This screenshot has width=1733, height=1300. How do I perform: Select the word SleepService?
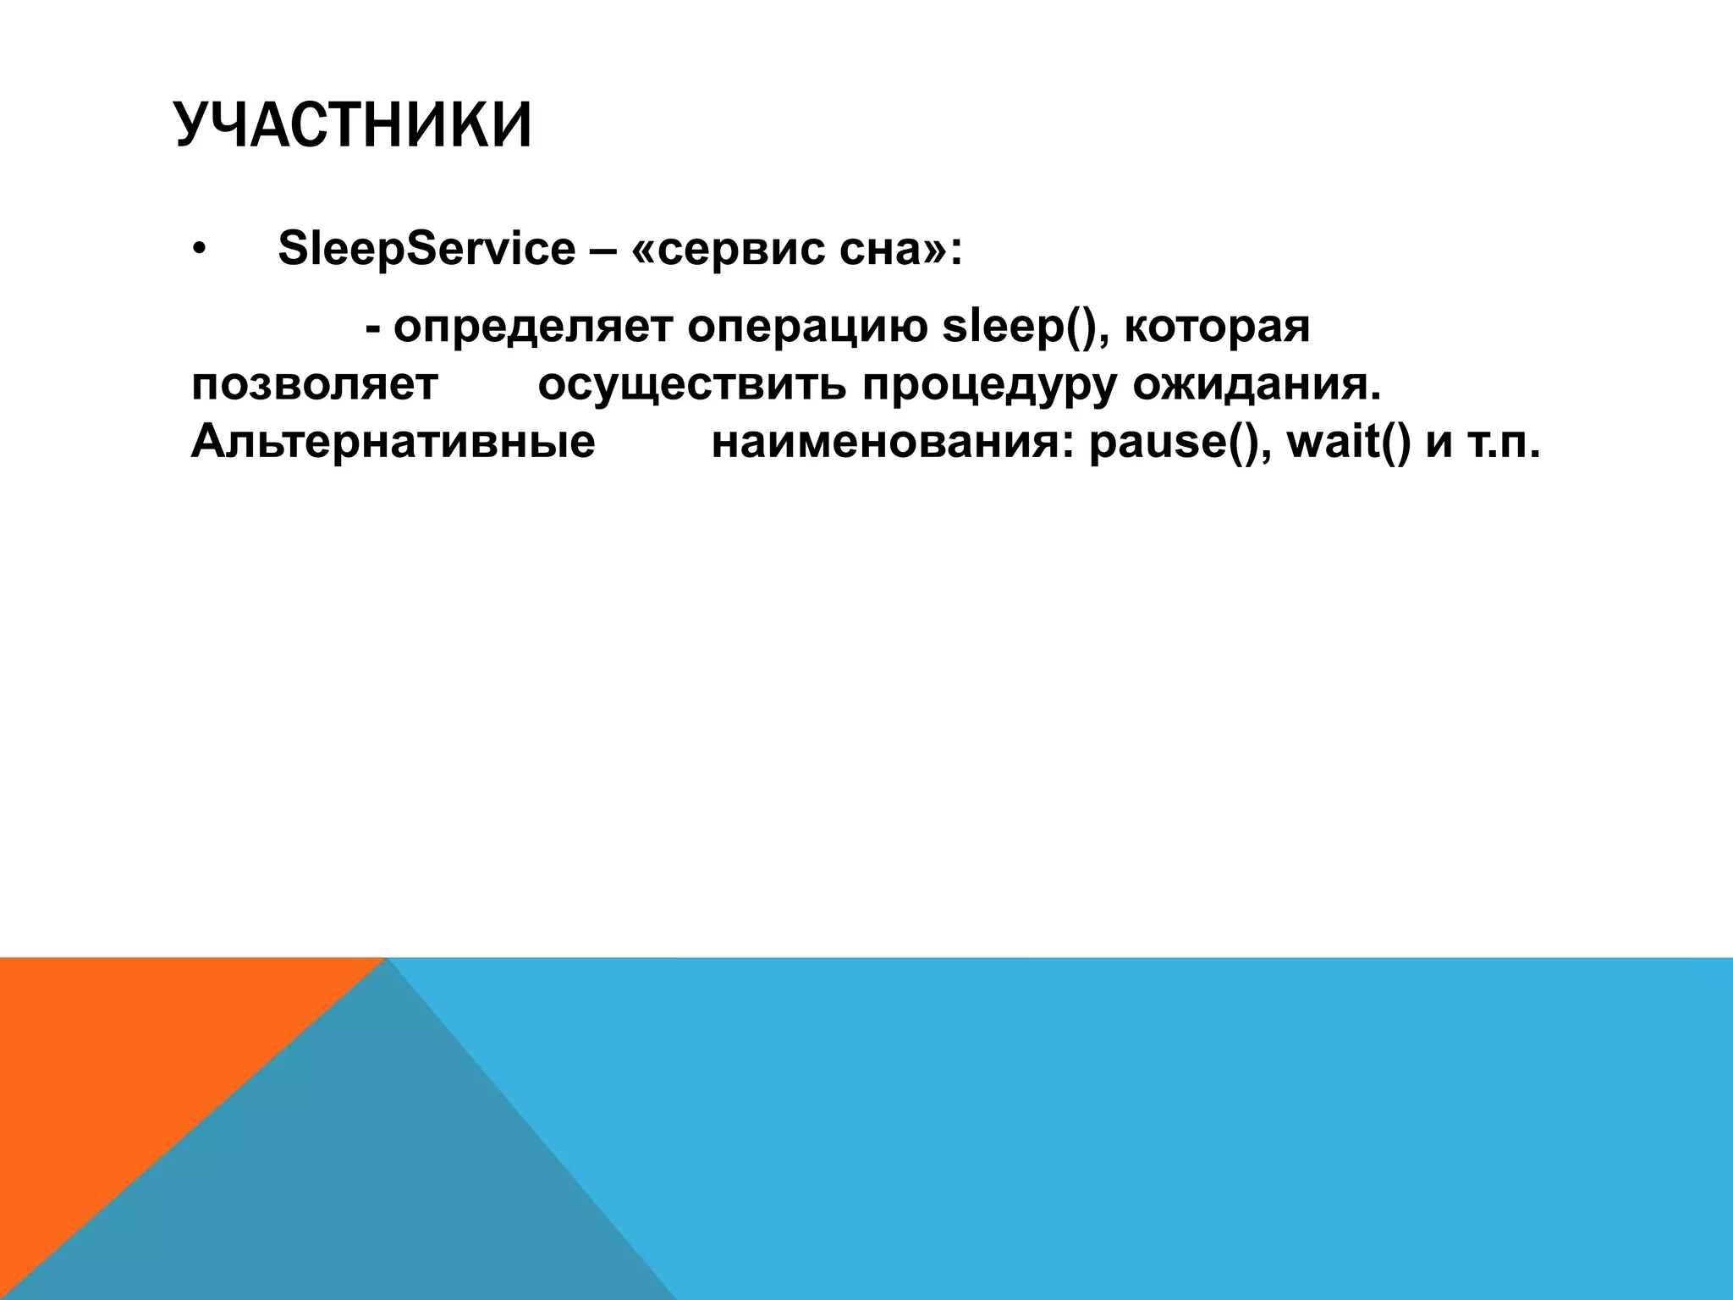pos(426,250)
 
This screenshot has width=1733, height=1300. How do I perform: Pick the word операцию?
pos(807,328)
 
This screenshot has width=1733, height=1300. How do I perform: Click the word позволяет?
pos(315,385)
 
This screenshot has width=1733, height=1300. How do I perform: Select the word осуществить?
pos(692,385)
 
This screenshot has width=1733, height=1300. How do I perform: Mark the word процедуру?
pos(990,385)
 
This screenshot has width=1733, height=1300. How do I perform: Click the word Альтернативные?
pos(393,442)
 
